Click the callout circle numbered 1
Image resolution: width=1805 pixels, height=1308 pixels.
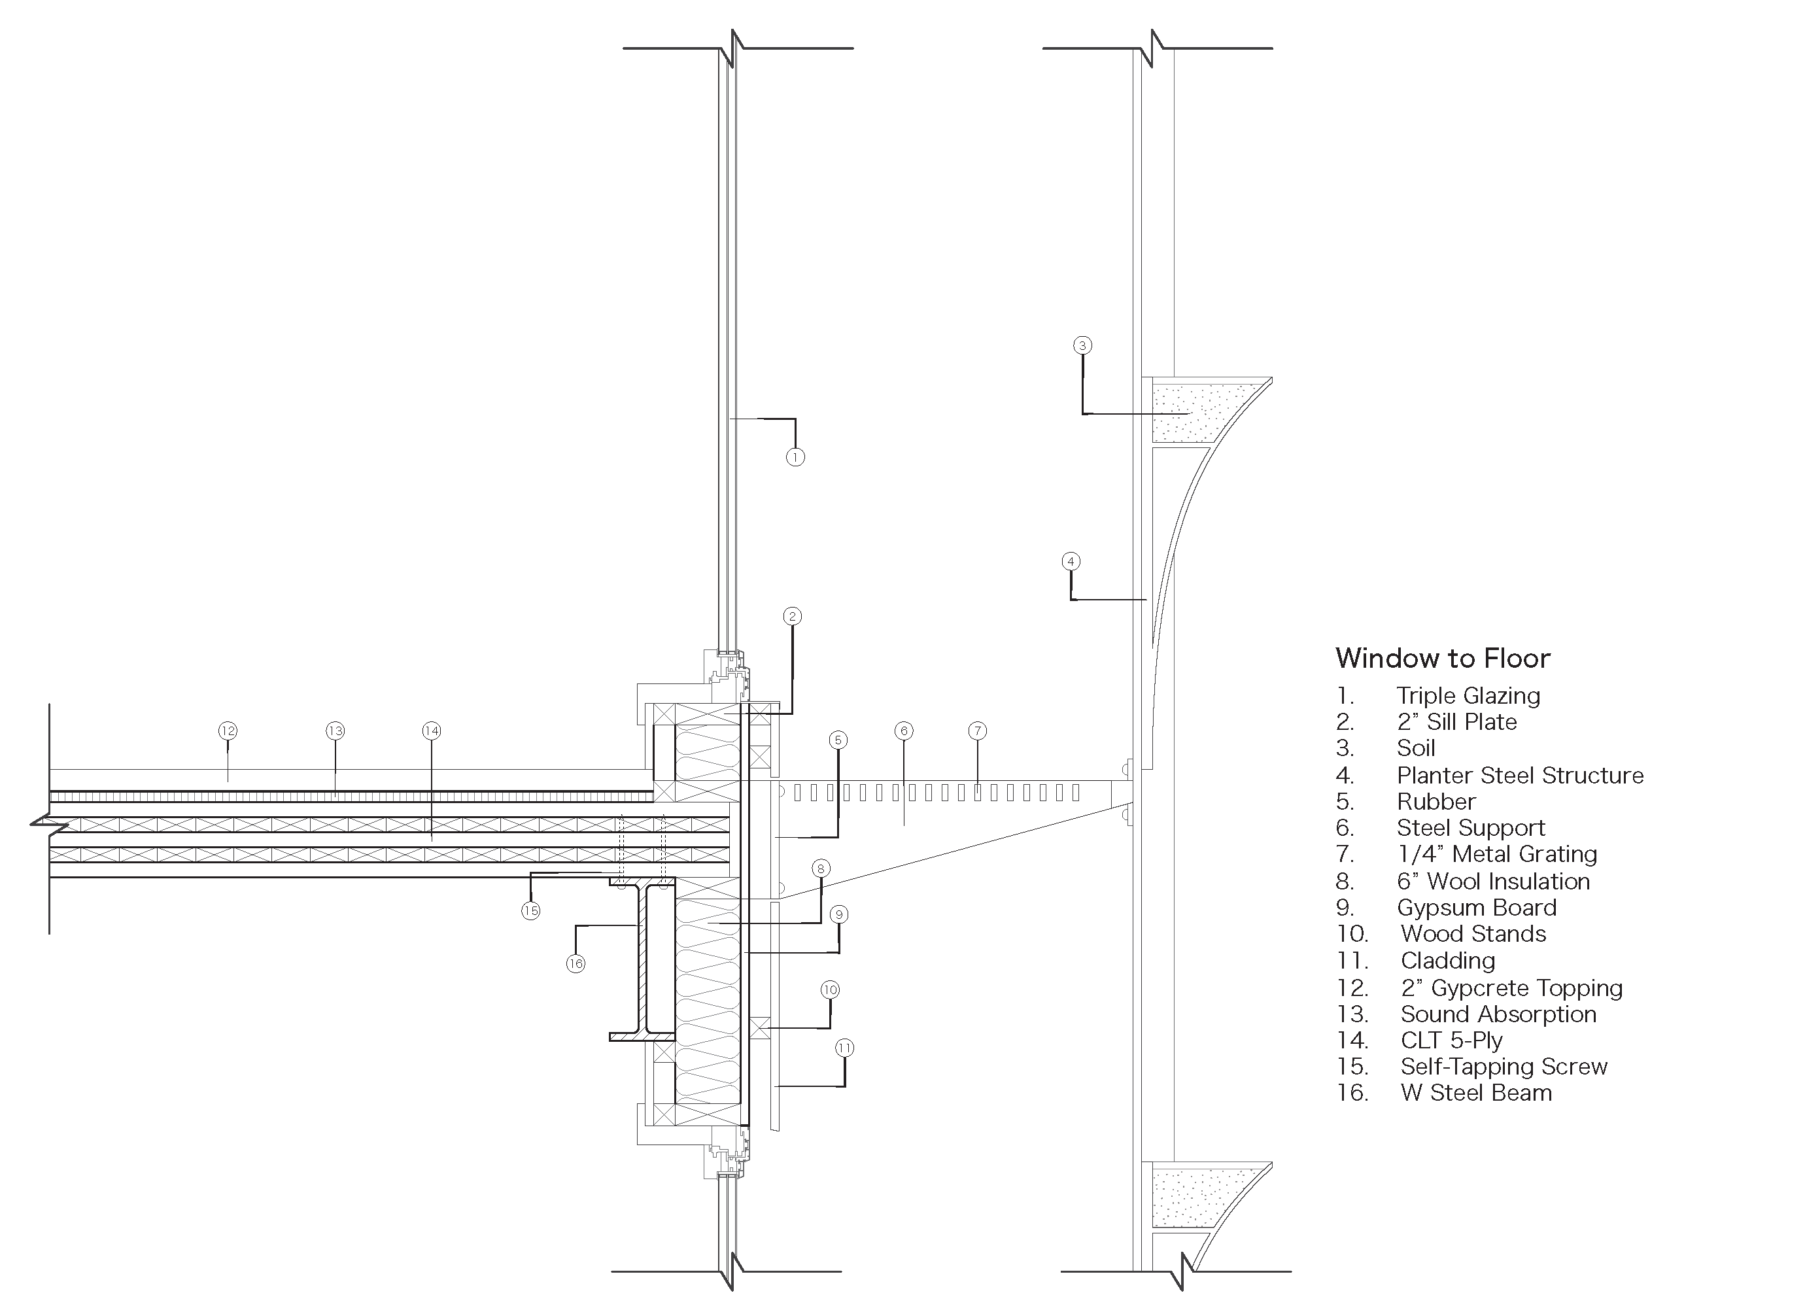795,457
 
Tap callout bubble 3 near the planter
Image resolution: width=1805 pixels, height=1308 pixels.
1082,345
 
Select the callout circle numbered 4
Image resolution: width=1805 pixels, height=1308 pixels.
1071,561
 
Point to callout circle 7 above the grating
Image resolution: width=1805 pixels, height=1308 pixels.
978,731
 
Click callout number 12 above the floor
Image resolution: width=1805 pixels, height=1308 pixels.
228,731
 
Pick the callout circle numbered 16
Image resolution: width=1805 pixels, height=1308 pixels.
576,964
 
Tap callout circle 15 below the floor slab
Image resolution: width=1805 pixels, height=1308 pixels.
531,911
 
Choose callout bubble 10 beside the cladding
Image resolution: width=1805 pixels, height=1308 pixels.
830,990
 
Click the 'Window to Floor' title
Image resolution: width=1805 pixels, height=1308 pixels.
1443,659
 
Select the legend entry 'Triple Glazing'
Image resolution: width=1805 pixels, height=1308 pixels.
1468,696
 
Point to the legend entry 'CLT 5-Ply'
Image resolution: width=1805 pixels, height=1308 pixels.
1452,1041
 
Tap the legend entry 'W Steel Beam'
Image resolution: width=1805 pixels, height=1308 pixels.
1476,1093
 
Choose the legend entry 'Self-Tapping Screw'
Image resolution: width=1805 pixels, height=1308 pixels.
1504,1067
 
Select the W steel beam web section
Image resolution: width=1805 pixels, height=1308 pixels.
641,959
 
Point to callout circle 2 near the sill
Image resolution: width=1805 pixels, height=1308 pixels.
792,616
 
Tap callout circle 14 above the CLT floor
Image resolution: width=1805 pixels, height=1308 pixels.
432,731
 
